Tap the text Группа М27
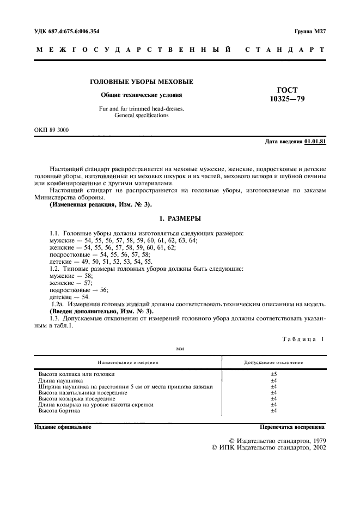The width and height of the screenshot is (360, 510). [x=309, y=32]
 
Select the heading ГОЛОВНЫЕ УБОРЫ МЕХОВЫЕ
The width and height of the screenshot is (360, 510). [x=141, y=82]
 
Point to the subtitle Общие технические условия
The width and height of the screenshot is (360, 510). [x=141, y=95]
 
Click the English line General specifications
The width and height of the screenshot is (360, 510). [x=141, y=116]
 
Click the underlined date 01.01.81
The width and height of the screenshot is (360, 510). [x=315, y=142]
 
